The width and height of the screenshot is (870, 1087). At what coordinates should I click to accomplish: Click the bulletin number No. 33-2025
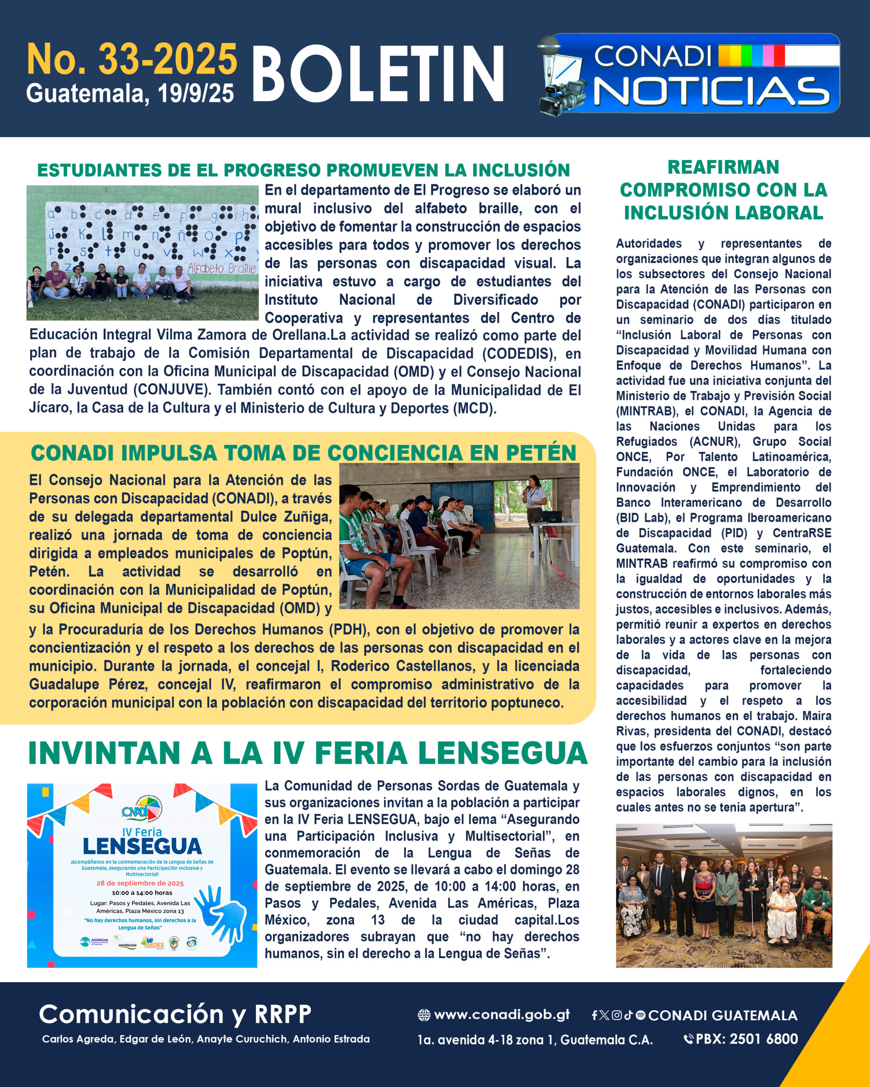click(x=132, y=59)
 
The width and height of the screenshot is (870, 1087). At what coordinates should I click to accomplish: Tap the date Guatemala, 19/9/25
click(x=130, y=94)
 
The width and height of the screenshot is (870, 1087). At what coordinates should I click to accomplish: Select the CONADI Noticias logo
click(x=689, y=74)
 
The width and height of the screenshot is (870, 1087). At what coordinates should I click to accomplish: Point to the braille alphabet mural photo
click(x=142, y=253)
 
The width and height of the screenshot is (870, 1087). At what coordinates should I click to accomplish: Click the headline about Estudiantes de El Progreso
click(x=303, y=170)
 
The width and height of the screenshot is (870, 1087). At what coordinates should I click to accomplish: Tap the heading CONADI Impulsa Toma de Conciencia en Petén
click(x=303, y=452)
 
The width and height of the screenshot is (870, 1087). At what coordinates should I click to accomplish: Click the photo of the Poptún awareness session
click(x=459, y=535)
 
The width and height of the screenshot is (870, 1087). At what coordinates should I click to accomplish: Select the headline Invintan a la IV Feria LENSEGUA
click(x=308, y=754)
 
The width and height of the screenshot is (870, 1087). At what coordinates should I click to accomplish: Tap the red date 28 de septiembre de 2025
click(x=140, y=883)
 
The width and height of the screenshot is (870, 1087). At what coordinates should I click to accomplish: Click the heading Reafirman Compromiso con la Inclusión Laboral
click(x=723, y=189)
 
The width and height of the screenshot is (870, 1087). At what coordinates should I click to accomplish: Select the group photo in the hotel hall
click(x=724, y=896)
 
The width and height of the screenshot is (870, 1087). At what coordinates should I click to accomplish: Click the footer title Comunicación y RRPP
click(x=175, y=1014)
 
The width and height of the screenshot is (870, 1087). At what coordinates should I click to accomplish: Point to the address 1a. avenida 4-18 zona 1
click(x=534, y=1039)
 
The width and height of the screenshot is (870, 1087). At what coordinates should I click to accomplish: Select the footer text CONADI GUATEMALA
click(x=722, y=1015)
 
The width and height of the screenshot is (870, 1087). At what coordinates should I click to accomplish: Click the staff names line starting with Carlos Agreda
click(x=206, y=1039)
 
